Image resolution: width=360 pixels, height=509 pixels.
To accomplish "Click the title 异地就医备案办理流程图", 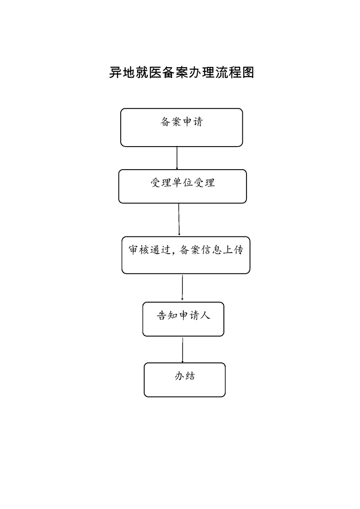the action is [181, 73].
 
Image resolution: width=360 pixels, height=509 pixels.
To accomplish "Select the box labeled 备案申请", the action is [182, 127].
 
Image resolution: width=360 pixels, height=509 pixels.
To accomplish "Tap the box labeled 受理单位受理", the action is [182, 186].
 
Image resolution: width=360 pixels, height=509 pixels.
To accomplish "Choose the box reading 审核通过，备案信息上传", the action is [186, 255].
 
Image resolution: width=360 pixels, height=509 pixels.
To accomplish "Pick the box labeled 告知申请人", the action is [183, 319].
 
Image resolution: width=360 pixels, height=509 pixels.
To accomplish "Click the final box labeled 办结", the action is [185, 380].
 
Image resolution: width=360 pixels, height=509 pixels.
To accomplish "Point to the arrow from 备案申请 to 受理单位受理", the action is [177, 158].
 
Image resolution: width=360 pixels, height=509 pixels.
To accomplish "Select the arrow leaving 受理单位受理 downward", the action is [179, 220].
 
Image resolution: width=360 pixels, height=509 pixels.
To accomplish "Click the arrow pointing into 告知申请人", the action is [182, 288].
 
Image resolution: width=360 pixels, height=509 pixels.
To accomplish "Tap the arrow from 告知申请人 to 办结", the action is [182, 350].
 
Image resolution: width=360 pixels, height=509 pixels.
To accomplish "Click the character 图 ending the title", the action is [248, 73].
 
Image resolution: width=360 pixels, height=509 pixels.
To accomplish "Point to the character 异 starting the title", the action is [115, 73].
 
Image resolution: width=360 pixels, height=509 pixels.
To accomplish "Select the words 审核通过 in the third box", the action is [149, 250].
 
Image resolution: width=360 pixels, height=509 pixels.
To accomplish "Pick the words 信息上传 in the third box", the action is [222, 250].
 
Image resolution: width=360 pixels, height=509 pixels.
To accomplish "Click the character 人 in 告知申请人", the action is [205, 315].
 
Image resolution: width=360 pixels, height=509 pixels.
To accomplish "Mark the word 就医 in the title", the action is [148, 73].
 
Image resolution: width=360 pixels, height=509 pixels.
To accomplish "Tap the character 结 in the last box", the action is [190, 376].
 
